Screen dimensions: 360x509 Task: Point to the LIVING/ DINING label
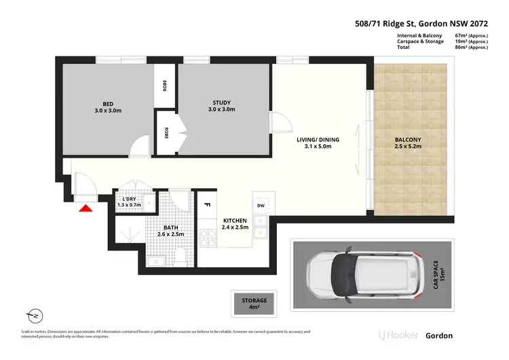click(x=318, y=140)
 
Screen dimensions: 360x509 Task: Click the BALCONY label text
click(x=408, y=140)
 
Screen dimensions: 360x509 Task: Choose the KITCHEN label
click(x=235, y=221)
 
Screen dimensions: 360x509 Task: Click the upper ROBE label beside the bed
click(x=165, y=85)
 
